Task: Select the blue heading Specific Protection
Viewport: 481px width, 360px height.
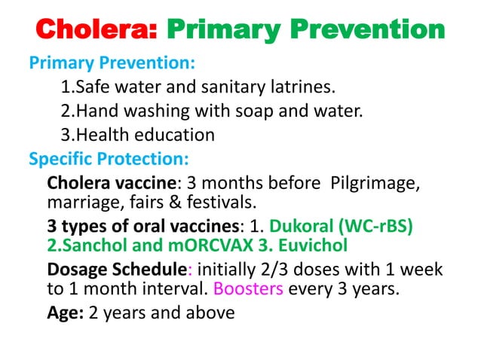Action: click(109, 160)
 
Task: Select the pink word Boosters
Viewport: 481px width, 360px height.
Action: click(249, 288)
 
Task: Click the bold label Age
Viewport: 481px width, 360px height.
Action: click(65, 312)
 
